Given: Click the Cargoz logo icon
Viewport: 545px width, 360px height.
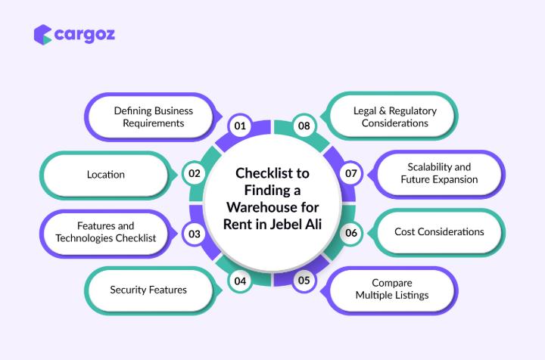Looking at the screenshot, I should tap(43, 35).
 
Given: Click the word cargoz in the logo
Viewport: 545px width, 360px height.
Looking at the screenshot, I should tap(86, 34).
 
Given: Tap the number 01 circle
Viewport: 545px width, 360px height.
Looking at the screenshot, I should tap(240, 126).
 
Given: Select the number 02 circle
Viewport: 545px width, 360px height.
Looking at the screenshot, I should tap(195, 173).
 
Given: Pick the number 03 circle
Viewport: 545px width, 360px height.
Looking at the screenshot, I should tap(195, 234).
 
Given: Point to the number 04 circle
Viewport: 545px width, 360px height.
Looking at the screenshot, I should tap(240, 281).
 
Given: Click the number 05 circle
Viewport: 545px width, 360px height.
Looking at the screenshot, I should tap(304, 281).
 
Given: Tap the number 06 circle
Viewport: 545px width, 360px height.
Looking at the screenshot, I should tap(351, 233).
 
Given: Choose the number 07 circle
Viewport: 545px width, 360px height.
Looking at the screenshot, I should tap(350, 173).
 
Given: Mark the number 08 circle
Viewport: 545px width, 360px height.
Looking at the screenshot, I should tap(304, 126).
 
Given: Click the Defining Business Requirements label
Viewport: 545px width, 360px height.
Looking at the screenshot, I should tap(153, 116).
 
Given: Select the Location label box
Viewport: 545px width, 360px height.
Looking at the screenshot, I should tap(106, 175).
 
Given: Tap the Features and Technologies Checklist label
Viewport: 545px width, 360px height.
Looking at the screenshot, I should tap(105, 232).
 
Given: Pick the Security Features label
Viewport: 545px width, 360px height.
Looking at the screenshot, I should tap(148, 290).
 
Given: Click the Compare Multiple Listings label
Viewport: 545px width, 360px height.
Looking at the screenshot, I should tap(391, 290).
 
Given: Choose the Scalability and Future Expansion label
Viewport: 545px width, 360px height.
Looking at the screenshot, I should tap(439, 173).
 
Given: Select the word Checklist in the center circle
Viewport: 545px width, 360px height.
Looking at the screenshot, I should tap(272, 172).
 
